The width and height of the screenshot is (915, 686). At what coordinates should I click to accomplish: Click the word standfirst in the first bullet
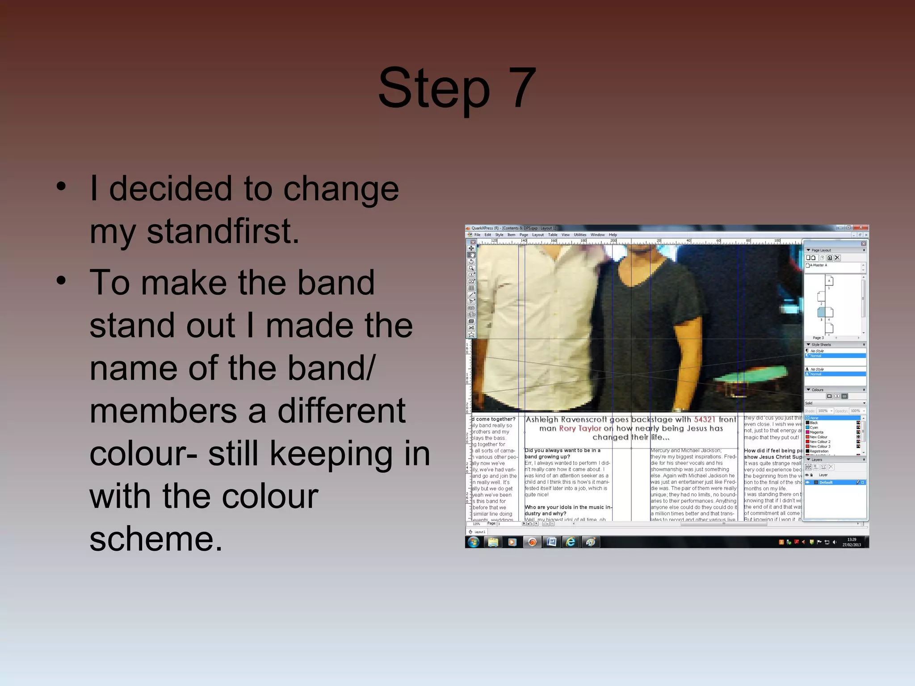[x=222, y=232]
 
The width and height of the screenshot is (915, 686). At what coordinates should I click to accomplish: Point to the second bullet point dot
[x=61, y=280]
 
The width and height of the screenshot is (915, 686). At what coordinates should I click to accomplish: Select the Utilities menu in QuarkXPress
[x=580, y=235]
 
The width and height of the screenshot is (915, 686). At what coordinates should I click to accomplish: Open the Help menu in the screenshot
[x=613, y=235]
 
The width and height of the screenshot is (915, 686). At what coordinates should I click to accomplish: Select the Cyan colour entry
[x=814, y=427]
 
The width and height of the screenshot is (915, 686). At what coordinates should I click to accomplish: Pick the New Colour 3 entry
[x=820, y=447]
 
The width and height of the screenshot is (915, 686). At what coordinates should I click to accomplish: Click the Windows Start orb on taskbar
[x=474, y=542]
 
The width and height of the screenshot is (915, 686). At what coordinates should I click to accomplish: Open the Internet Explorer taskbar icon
[x=571, y=542]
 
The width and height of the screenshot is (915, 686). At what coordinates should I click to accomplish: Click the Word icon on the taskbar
[x=551, y=542]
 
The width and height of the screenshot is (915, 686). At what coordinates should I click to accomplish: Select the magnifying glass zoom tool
[x=471, y=268]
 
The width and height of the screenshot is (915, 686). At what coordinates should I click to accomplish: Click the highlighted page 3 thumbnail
[x=821, y=312]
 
